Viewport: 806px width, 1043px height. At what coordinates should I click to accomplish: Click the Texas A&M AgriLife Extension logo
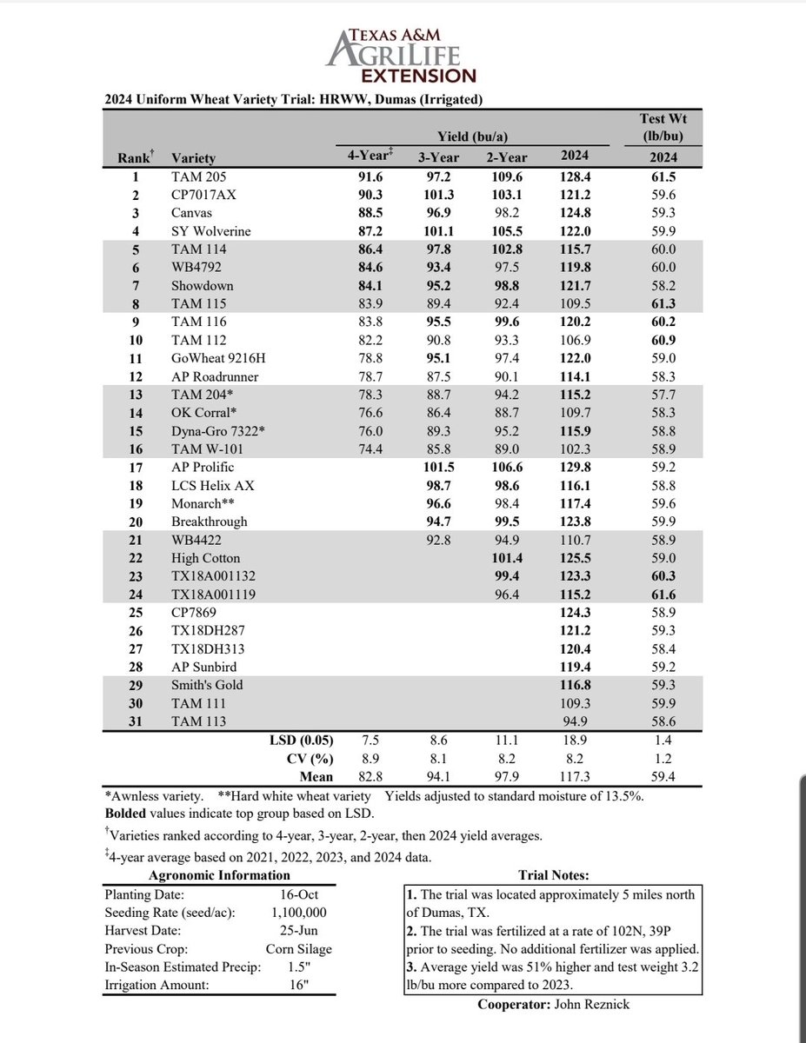click(402, 53)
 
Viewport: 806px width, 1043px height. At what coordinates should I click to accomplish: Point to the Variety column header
click(195, 158)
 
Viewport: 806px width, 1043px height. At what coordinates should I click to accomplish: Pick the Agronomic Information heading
click(221, 875)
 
